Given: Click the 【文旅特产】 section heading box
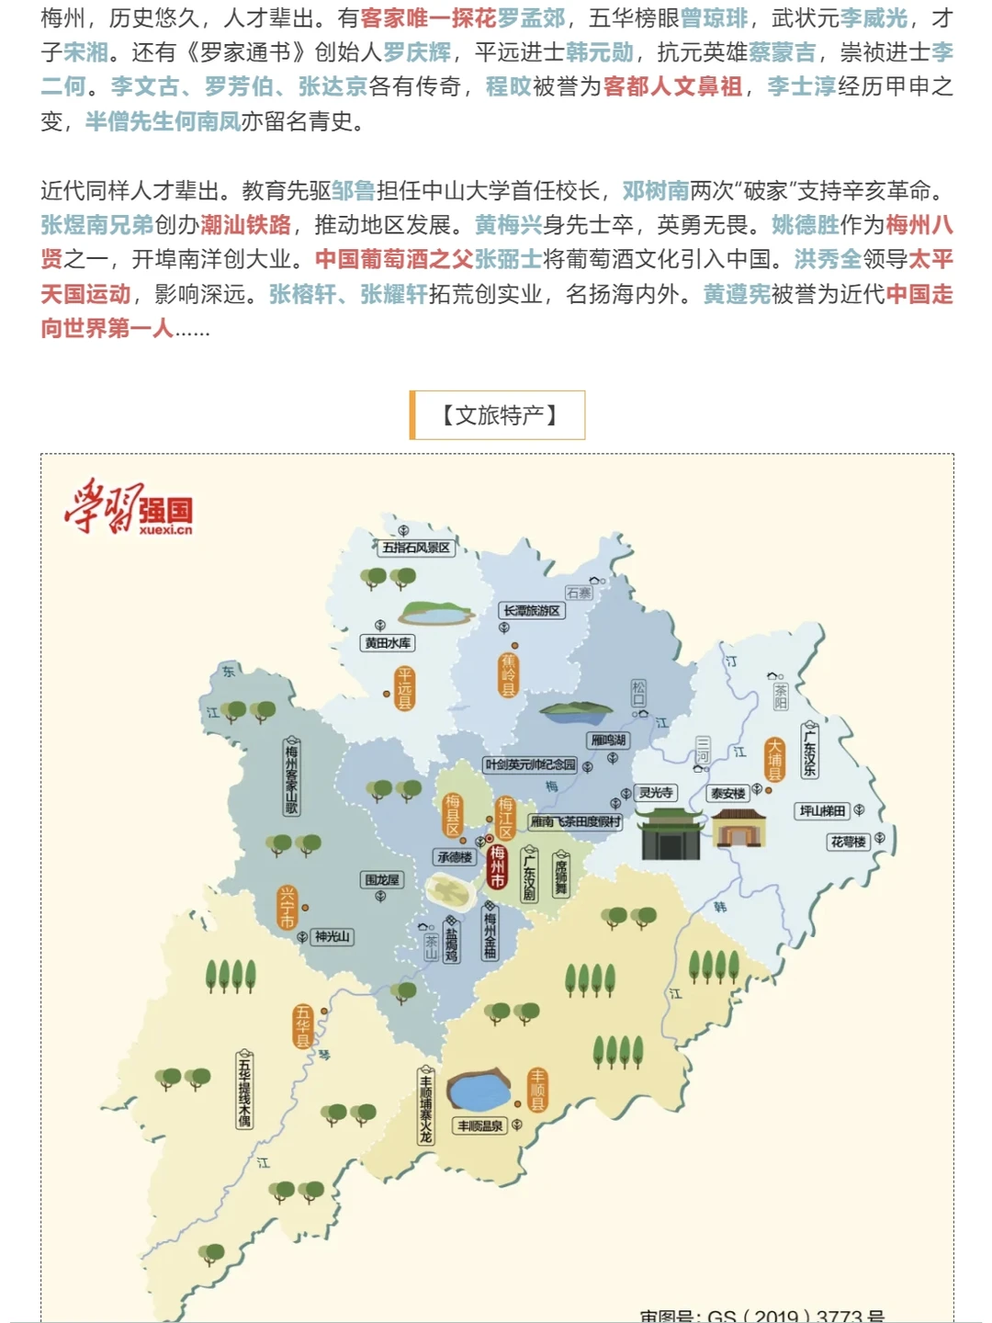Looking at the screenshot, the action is (x=498, y=415).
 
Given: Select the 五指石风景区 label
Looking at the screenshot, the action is (x=416, y=548).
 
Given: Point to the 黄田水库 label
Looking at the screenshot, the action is (x=388, y=643).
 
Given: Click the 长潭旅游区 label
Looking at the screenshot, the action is (x=532, y=611).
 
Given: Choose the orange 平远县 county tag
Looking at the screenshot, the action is (x=404, y=688).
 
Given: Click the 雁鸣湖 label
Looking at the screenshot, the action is (x=608, y=741).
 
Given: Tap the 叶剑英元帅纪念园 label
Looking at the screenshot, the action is (x=531, y=764).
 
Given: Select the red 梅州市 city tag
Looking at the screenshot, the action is (x=497, y=866).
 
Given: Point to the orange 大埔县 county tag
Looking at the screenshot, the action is (x=775, y=760).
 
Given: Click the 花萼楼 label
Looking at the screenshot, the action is (x=848, y=842).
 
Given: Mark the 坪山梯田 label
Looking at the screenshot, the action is (x=822, y=811).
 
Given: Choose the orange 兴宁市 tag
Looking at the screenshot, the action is (x=287, y=907).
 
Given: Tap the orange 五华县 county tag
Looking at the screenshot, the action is (x=302, y=1026).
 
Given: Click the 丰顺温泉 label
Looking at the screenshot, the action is (x=480, y=1126).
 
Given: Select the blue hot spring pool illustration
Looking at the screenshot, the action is (x=478, y=1091).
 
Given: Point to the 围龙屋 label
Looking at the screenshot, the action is (x=382, y=880).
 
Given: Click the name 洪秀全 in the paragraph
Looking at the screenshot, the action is (x=828, y=260).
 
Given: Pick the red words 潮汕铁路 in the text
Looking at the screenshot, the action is (x=245, y=226).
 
